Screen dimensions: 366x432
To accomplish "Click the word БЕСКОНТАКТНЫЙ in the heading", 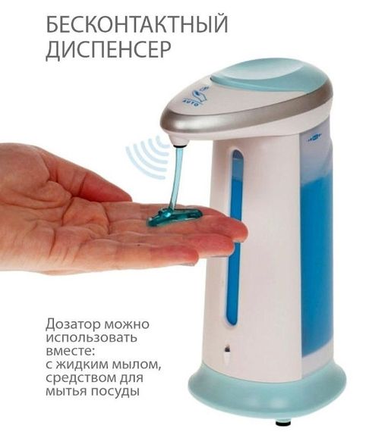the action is tap(137, 24).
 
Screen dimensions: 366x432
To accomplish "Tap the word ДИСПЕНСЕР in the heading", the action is tap(108, 49).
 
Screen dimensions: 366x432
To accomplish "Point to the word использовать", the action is tap(91, 337).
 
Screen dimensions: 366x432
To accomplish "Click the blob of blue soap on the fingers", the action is tap(175, 215).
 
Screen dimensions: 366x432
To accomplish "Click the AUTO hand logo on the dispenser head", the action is tap(197, 97).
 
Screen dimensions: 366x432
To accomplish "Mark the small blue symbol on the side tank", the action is tap(314, 137).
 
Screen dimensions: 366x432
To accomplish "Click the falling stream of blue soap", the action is tap(176, 177).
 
